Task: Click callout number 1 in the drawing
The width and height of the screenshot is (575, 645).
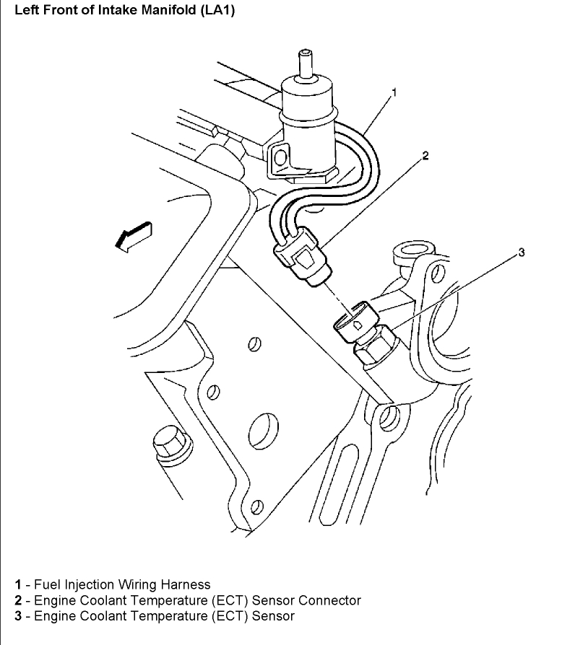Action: click(x=394, y=92)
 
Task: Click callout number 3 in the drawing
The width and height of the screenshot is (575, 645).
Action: click(x=521, y=252)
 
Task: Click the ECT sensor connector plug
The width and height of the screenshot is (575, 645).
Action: click(x=303, y=257)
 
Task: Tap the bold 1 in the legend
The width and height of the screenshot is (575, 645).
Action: click(x=17, y=584)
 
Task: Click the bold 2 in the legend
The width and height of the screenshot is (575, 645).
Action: click(x=17, y=600)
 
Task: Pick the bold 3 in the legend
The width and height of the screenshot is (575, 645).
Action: click(x=17, y=616)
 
